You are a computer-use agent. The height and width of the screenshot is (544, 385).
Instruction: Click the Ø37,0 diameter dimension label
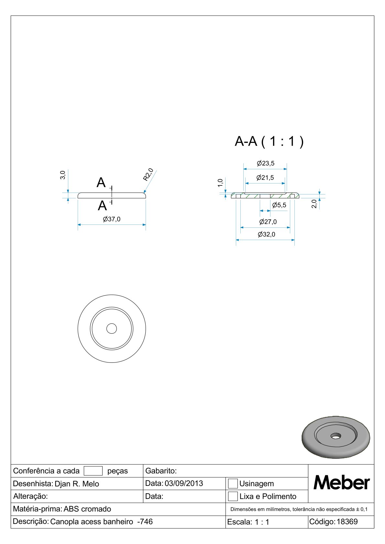(112, 219)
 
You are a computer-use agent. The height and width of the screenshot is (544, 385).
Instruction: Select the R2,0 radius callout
(148, 175)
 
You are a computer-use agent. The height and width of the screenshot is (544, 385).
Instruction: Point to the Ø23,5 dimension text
(266, 163)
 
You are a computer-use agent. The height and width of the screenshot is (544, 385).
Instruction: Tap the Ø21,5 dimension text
(265, 178)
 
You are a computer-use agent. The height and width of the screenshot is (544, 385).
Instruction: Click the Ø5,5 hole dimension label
(279, 205)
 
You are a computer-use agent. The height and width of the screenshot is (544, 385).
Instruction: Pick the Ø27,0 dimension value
(268, 222)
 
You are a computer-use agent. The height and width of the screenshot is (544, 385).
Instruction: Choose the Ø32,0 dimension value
(267, 234)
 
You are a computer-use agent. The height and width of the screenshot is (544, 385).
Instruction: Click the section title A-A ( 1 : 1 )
(269, 141)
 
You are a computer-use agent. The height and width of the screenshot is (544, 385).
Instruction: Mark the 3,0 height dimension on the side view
(63, 175)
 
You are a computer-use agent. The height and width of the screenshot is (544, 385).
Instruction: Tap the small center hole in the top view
(112, 329)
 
